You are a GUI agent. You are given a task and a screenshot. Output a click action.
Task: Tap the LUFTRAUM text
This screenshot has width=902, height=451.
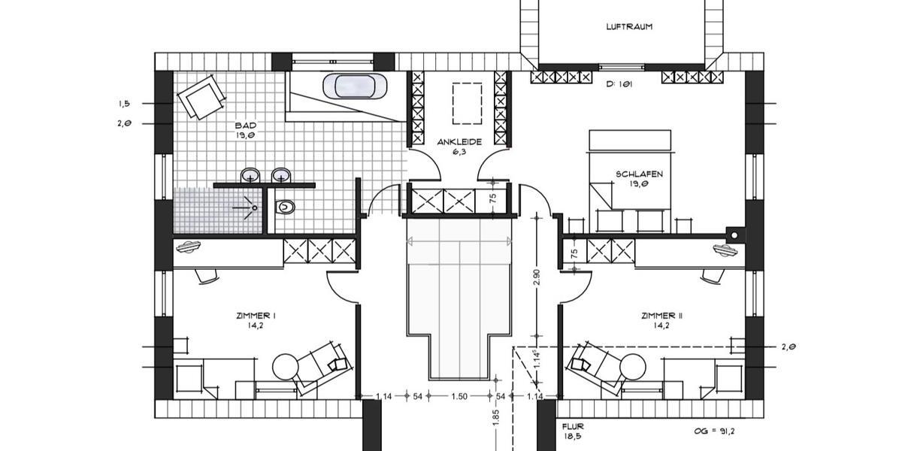(629, 26)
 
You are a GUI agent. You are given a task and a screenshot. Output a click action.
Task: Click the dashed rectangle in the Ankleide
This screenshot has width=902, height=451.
(466, 104)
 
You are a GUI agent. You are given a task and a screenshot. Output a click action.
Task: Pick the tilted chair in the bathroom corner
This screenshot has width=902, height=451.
(201, 98)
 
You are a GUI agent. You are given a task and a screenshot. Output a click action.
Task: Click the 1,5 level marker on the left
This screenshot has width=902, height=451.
(125, 104)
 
